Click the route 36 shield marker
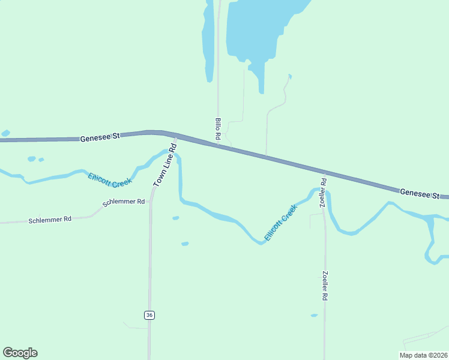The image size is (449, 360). pos(149,315)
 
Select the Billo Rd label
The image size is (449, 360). pos(218,129)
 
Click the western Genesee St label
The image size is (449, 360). pos(100,137)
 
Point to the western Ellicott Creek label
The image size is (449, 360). pos(109,179)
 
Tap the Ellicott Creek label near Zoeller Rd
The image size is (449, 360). pos(281,223)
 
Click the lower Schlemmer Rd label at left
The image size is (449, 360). pos(50,220)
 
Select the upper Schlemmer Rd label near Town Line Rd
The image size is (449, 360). pos(124,203)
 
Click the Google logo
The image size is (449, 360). pos(20,353)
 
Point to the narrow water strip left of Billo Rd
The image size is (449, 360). pos(208,42)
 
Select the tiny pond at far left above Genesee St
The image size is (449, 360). pos(5,133)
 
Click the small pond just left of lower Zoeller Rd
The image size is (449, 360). pos(314,315)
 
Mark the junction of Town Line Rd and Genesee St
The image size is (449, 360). pos(176,136)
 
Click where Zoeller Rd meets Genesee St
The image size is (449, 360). pos(324,171)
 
